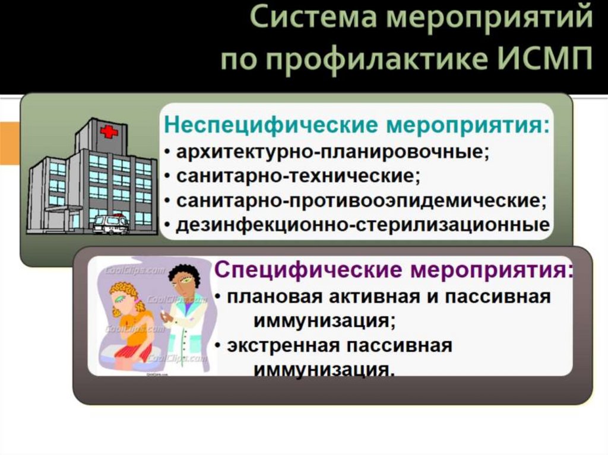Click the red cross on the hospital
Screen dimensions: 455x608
[109, 132]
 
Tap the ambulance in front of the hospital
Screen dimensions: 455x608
[110, 224]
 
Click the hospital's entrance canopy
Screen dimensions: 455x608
[62, 209]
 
